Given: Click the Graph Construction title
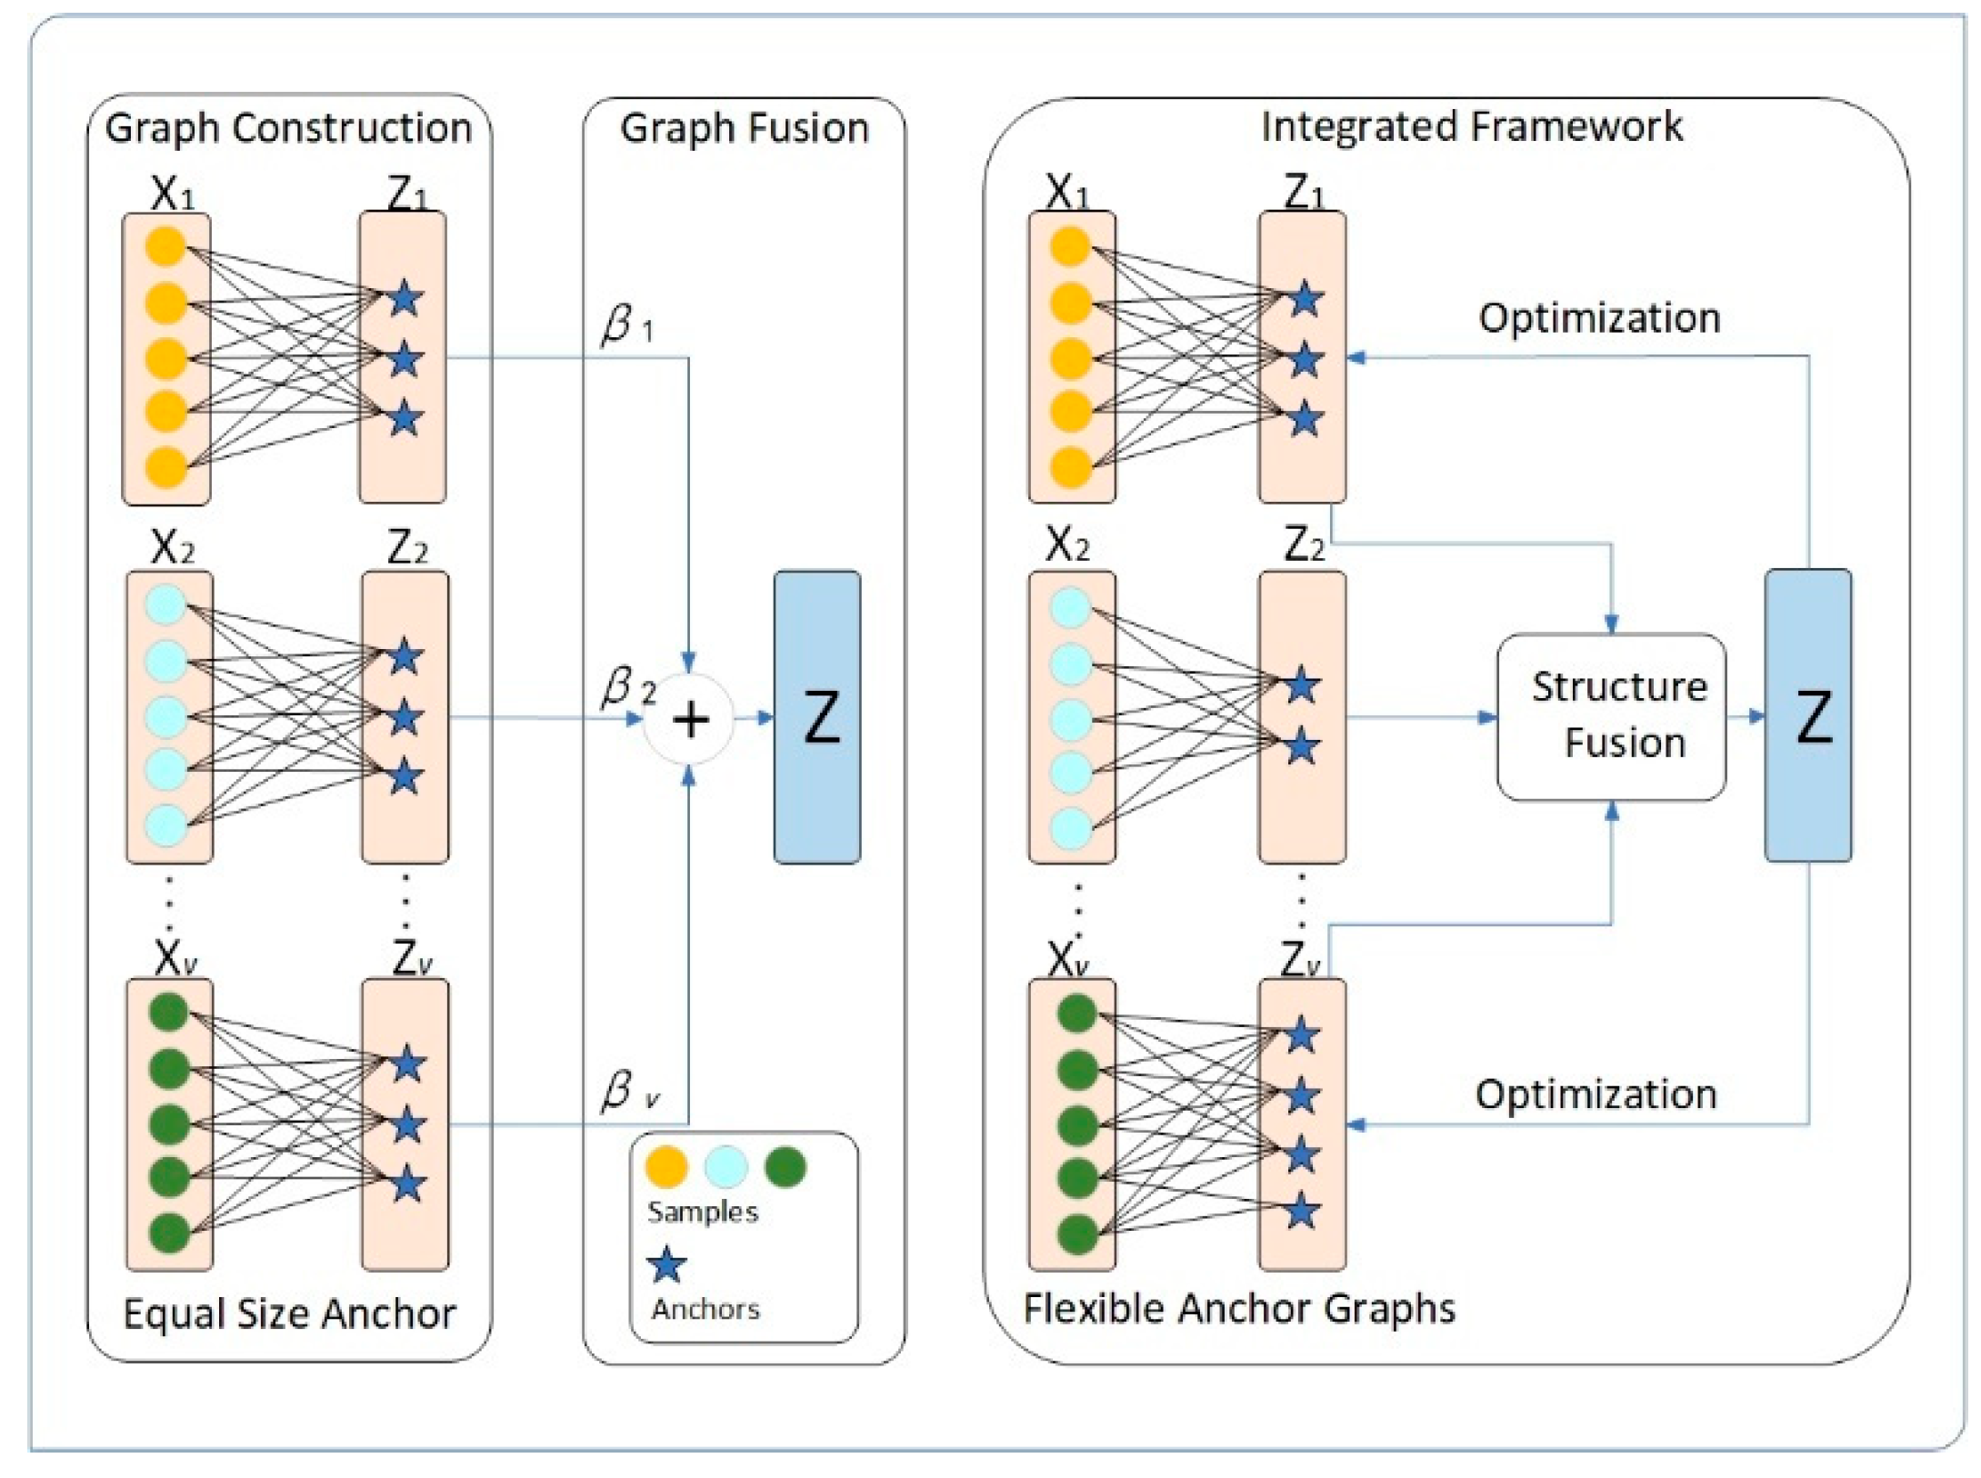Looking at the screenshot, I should pyautogui.click(x=288, y=128).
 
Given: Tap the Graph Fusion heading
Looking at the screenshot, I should pyautogui.click(x=745, y=128).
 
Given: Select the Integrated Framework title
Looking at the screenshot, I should pyautogui.click(x=1472, y=126).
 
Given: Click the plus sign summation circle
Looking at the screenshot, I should pyautogui.click(x=689, y=719).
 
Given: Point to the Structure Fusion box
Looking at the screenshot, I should pyautogui.click(x=1611, y=716).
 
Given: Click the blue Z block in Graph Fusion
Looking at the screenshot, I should pyautogui.click(x=817, y=716).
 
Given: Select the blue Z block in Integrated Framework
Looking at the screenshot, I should pyautogui.click(x=1808, y=715).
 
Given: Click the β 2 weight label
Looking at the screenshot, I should pyautogui.click(x=628, y=687).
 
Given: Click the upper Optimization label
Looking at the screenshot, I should pyautogui.click(x=1599, y=318).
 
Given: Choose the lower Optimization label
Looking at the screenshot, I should pyautogui.click(x=1596, y=1094).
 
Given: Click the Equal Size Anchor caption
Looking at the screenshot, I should pyautogui.click(x=289, y=1313).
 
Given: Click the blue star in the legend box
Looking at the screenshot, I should pyautogui.click(x=666, y=1264).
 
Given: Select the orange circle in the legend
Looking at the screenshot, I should pyautogui.click(x=666, y=1166).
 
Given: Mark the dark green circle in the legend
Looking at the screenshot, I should pyautogui.click(x=785, y=1166).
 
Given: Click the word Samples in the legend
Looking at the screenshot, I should pyautogui.click(x=702, y=1212).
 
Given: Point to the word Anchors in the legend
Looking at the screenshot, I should pyautogui.click(x=705, y=1309).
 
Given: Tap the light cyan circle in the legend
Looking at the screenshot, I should pyautogui.click(x=725, y=1166).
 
